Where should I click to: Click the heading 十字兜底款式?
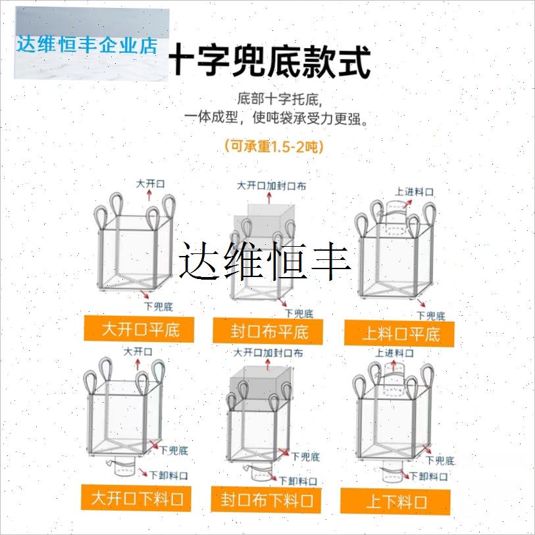point(270,62)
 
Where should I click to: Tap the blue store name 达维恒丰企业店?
point(88,45)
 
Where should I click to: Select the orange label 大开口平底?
point(140,328)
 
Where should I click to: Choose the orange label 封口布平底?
point(269,331)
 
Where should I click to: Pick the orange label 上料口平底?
point(401,334)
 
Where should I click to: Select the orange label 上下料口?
point(396,503)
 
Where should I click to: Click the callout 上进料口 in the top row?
point(415,192)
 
